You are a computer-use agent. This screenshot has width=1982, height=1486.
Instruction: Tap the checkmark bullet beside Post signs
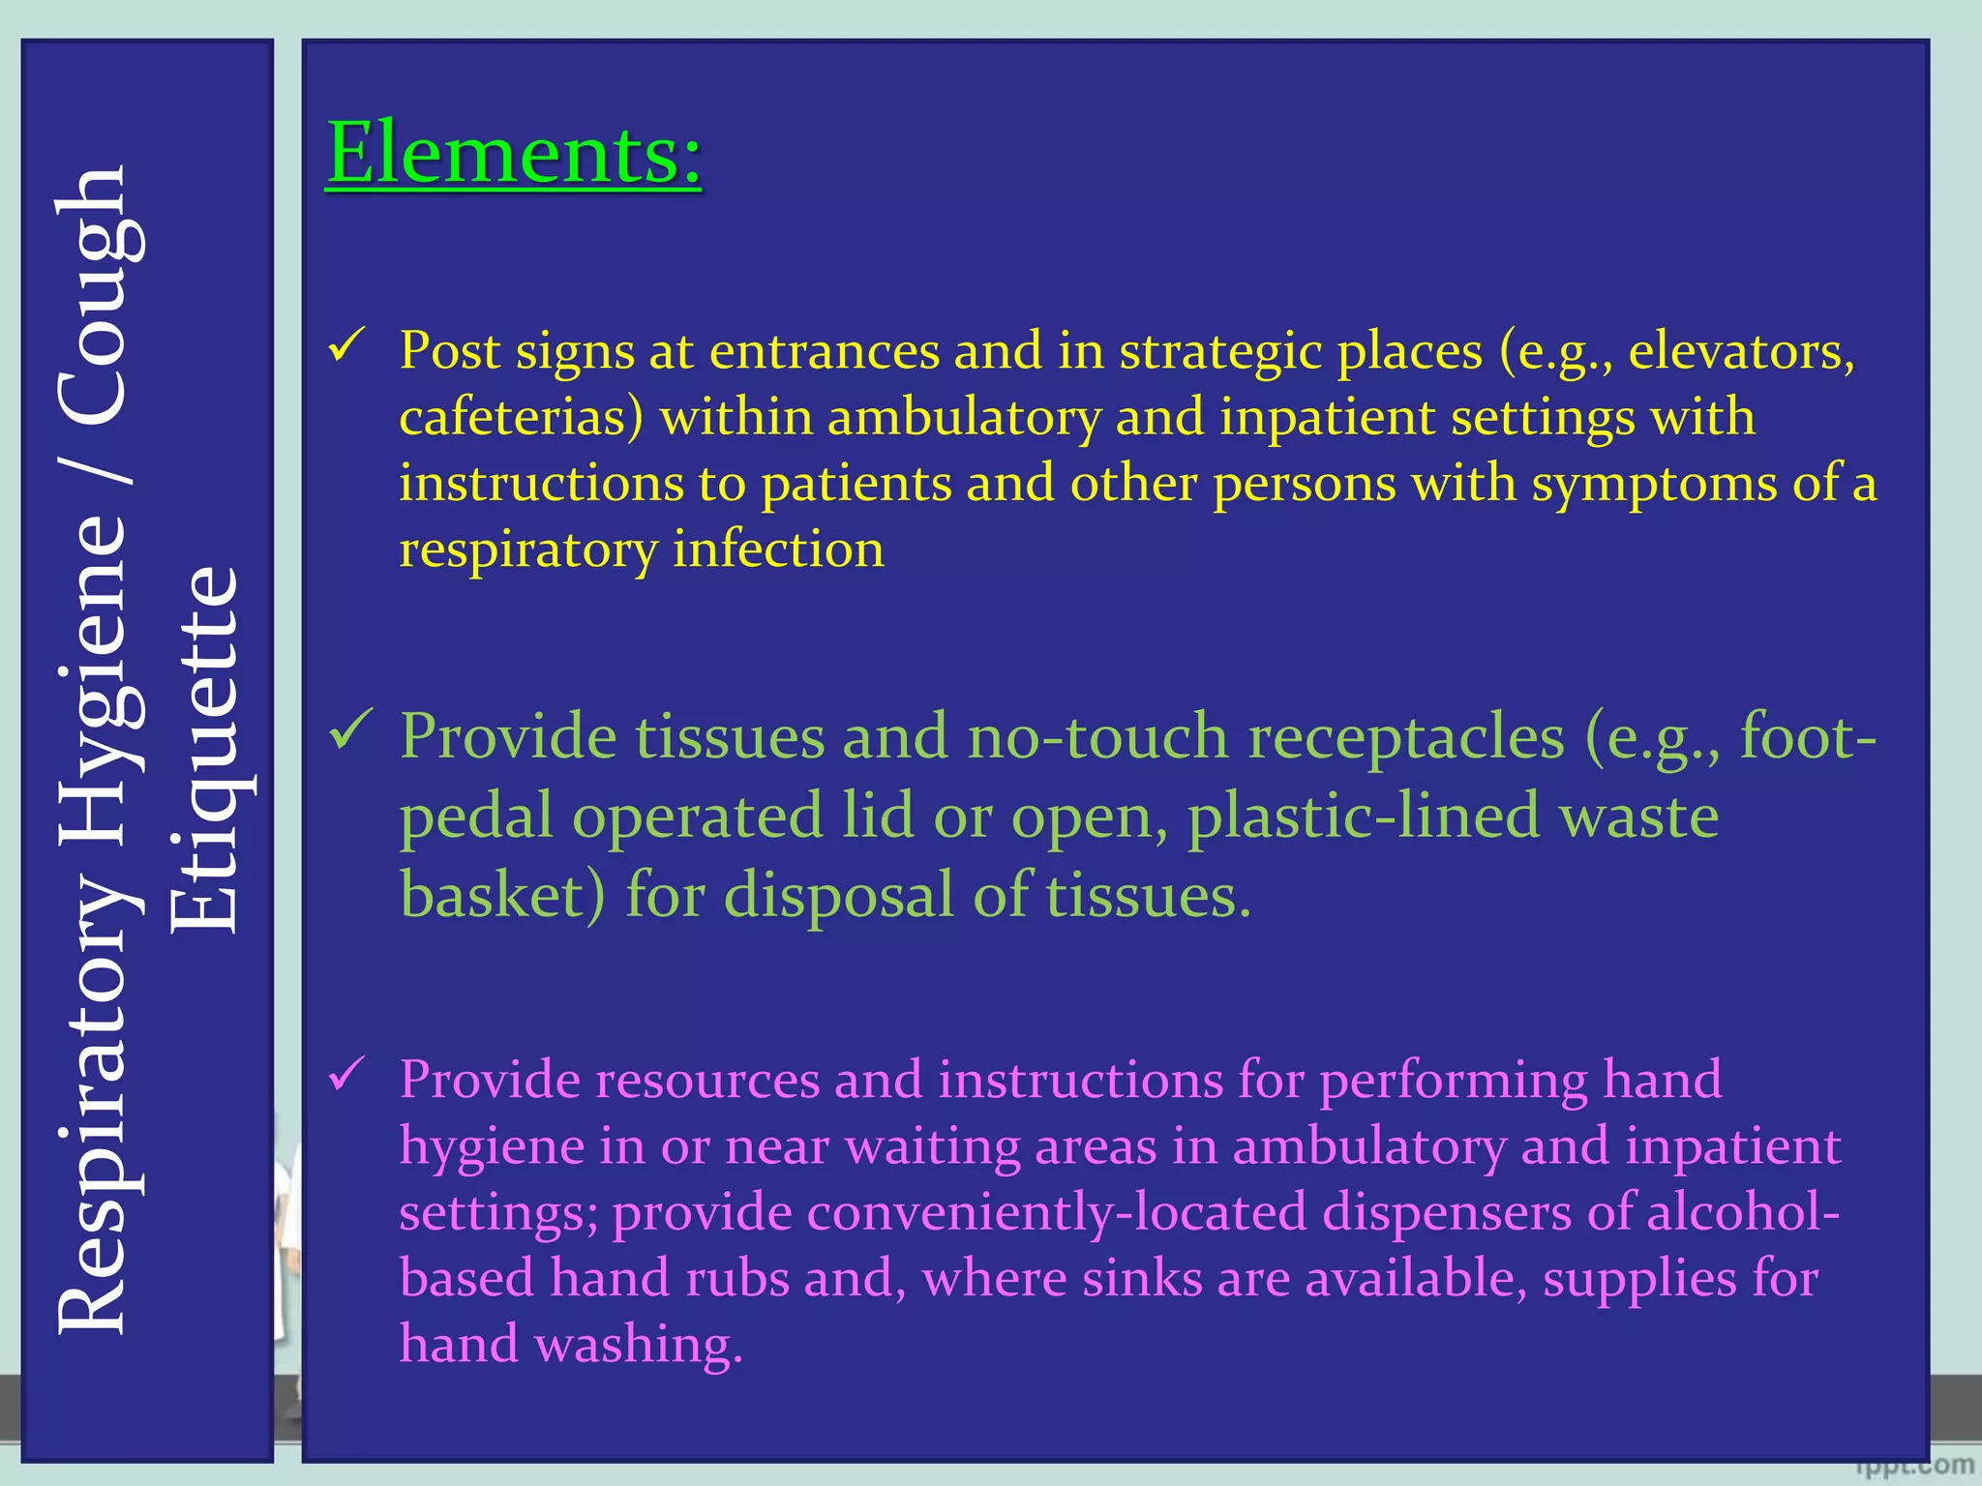[346, 344]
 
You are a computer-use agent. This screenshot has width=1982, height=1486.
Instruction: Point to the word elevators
[1741, 351]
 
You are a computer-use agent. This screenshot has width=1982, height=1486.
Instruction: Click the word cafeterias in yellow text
[521, 418]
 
